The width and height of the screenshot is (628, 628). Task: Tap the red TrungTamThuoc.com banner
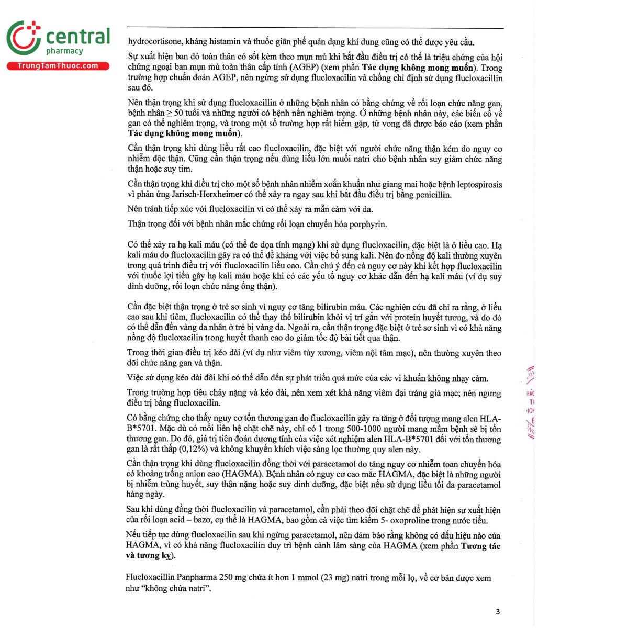tap(58, 66)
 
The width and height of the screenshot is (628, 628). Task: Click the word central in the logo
tap(78, 37)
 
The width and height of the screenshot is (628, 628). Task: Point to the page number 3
tap(498, 611)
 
